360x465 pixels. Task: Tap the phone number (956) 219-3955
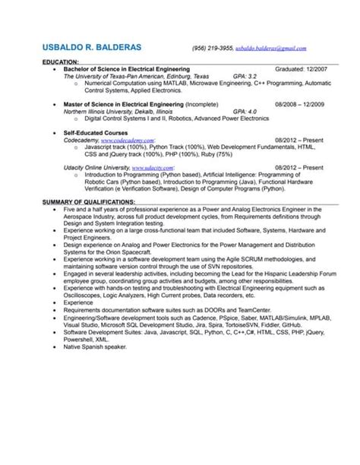[213, 48]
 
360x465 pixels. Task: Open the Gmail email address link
[271, 48]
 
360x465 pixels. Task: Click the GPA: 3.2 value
[245, 76]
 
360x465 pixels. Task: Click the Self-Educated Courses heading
[96, 132]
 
